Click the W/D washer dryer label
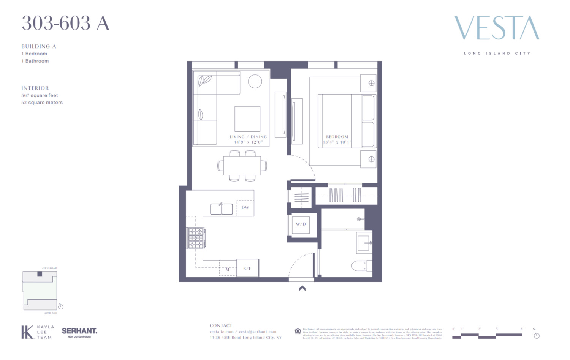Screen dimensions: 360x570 pyautogui.click(x=301, y=224)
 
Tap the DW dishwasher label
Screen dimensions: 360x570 pyautogui.click(x=245, y=207)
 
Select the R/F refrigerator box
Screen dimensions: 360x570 pyautogui.click(x=247, y=268)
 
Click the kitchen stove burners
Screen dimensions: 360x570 pyautogui.click(x=196, y=238)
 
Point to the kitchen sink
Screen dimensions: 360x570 pyautogui.click(x=222, y=209)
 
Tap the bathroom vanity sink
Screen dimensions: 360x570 pyautogui.click(x=364, y=242)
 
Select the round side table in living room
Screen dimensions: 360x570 pyautogui.click(x=255, y=81)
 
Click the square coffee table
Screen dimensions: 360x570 pyautogui.click(x=247, y=119)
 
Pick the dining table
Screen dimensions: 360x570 pyautogui.click(x=242, y=166)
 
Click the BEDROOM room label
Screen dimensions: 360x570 pyautogui.click(x=337, y=137)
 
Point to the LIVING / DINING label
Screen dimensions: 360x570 pyautogui.click(x=248, y=137)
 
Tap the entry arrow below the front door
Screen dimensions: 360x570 pyautogui.click(x=302, y=288)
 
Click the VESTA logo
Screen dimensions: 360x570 pyautogui.click(x=497, y=28)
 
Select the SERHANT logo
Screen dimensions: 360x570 pyautogui.click(x=79, y=332)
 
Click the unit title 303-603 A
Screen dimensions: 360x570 pyautogui.click(x=65, y=23)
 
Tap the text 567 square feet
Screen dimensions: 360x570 pyautogui.click(x=40, y=95)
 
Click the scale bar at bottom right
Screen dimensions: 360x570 pyautogui.click(x=487, y=335)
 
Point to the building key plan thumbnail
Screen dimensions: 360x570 pyautogui.click(x=40, y=291)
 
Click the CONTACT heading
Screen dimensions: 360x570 pyautogui.click(x=221, y=325)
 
